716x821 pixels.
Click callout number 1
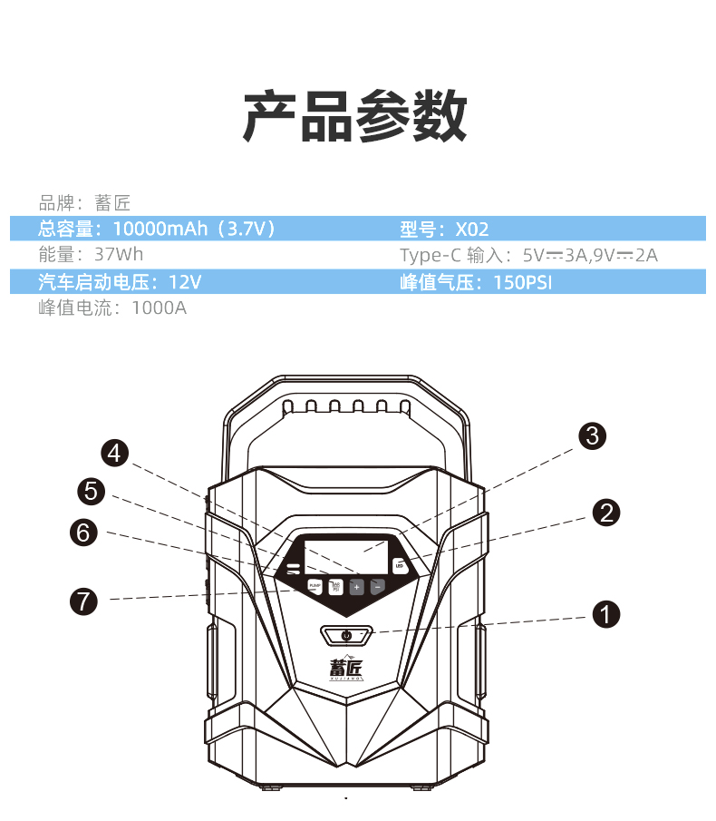605,614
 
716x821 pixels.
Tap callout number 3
592,435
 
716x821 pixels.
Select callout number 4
114,452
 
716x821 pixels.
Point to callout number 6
84,533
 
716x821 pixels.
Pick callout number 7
83,600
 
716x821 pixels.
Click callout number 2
605,513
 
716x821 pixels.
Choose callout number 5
92,492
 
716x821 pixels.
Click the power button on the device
346,635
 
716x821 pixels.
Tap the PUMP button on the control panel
315,587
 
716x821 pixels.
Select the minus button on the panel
377,587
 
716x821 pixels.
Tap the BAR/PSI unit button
335,587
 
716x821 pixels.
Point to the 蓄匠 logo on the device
345,667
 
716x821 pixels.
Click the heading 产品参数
356,117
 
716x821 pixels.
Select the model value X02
471,229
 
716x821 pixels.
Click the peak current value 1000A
159,308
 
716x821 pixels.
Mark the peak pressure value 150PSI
522,282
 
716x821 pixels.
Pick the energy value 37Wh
119,255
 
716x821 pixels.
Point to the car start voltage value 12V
185,282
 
